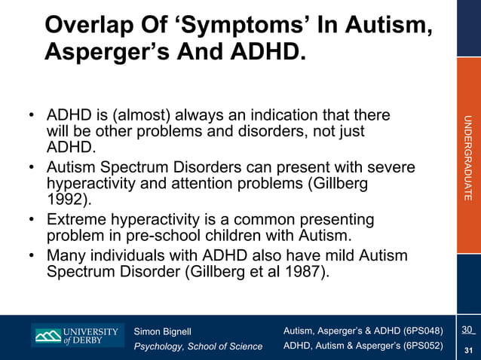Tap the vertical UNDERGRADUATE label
(468, 157)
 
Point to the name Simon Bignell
(163, 331)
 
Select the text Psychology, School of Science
(198, 346)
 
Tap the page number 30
(467, 330)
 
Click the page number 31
(468, 349)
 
